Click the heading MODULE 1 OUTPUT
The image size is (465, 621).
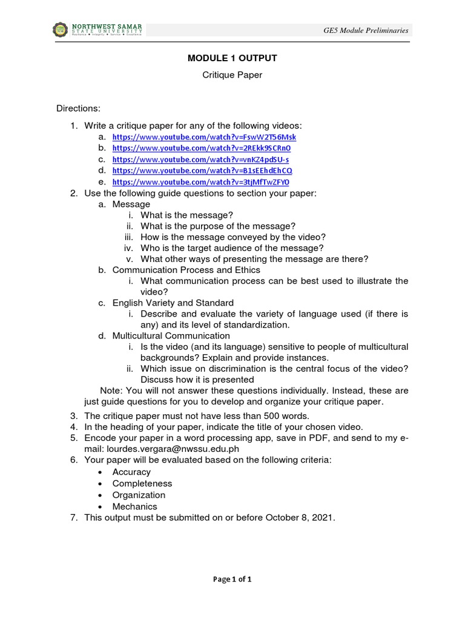click(232, 58)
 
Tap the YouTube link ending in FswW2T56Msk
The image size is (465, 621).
click(204, 137)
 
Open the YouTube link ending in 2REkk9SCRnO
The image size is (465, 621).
click(202, 148)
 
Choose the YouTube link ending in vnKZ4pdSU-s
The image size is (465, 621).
click(200, 159)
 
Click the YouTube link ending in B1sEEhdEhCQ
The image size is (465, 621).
click(202, 170)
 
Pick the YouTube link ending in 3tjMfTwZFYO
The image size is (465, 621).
click(201, 182)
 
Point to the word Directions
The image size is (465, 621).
click(78, 109)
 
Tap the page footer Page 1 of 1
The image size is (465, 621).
click(232, 579)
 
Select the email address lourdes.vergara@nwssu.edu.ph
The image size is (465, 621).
click(173, 449)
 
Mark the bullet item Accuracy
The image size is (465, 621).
click(131, 472)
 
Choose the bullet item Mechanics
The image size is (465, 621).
click(134, 506)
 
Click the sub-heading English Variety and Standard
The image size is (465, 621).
click(173, 303)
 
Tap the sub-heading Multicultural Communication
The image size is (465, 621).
click(171, 335)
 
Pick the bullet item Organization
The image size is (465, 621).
click(139, 495)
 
